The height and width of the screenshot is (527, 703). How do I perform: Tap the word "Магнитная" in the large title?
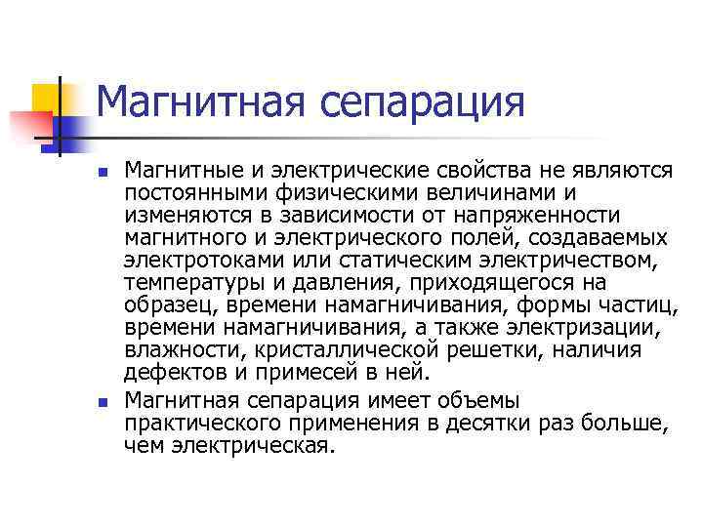tap(194, 101)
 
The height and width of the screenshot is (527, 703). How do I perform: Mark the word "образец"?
tap(160, 304)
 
